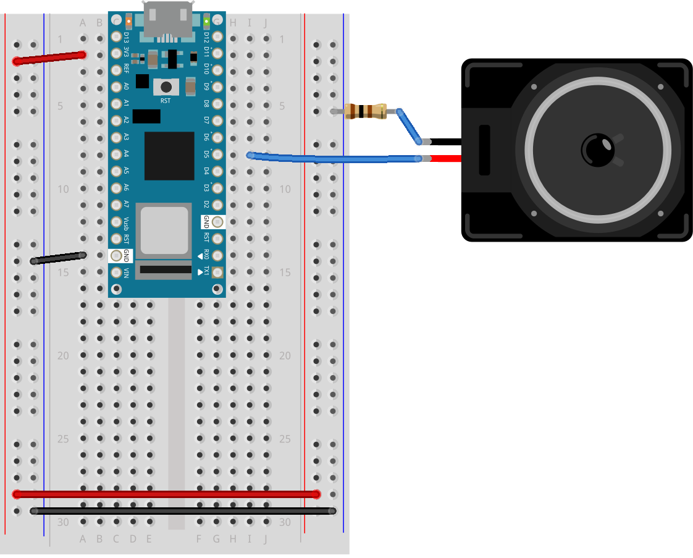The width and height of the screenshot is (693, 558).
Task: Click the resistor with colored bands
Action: coord(366,112)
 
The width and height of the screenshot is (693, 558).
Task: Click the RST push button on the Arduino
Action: coord(166,87)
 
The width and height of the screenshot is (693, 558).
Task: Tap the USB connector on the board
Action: coord(167,19)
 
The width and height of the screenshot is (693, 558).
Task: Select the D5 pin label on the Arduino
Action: coord(207,154)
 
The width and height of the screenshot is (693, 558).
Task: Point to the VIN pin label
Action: coord(126,272)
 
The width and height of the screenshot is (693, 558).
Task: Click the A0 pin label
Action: coord(126,87)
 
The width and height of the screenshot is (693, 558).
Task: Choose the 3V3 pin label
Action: coord(126,53)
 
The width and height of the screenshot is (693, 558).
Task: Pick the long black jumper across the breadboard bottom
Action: coord(183,510)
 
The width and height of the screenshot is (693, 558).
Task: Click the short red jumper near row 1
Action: coord(49,58)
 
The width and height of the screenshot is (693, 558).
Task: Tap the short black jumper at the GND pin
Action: coord(59,258)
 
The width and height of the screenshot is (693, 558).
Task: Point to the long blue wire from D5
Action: coord(334,159)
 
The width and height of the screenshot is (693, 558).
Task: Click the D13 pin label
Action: coord(126,36)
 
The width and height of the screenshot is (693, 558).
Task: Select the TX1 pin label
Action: coord(207,272)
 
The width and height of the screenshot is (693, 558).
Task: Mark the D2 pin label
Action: coord(207,205)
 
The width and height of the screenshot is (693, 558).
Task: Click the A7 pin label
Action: coord(126,204)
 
